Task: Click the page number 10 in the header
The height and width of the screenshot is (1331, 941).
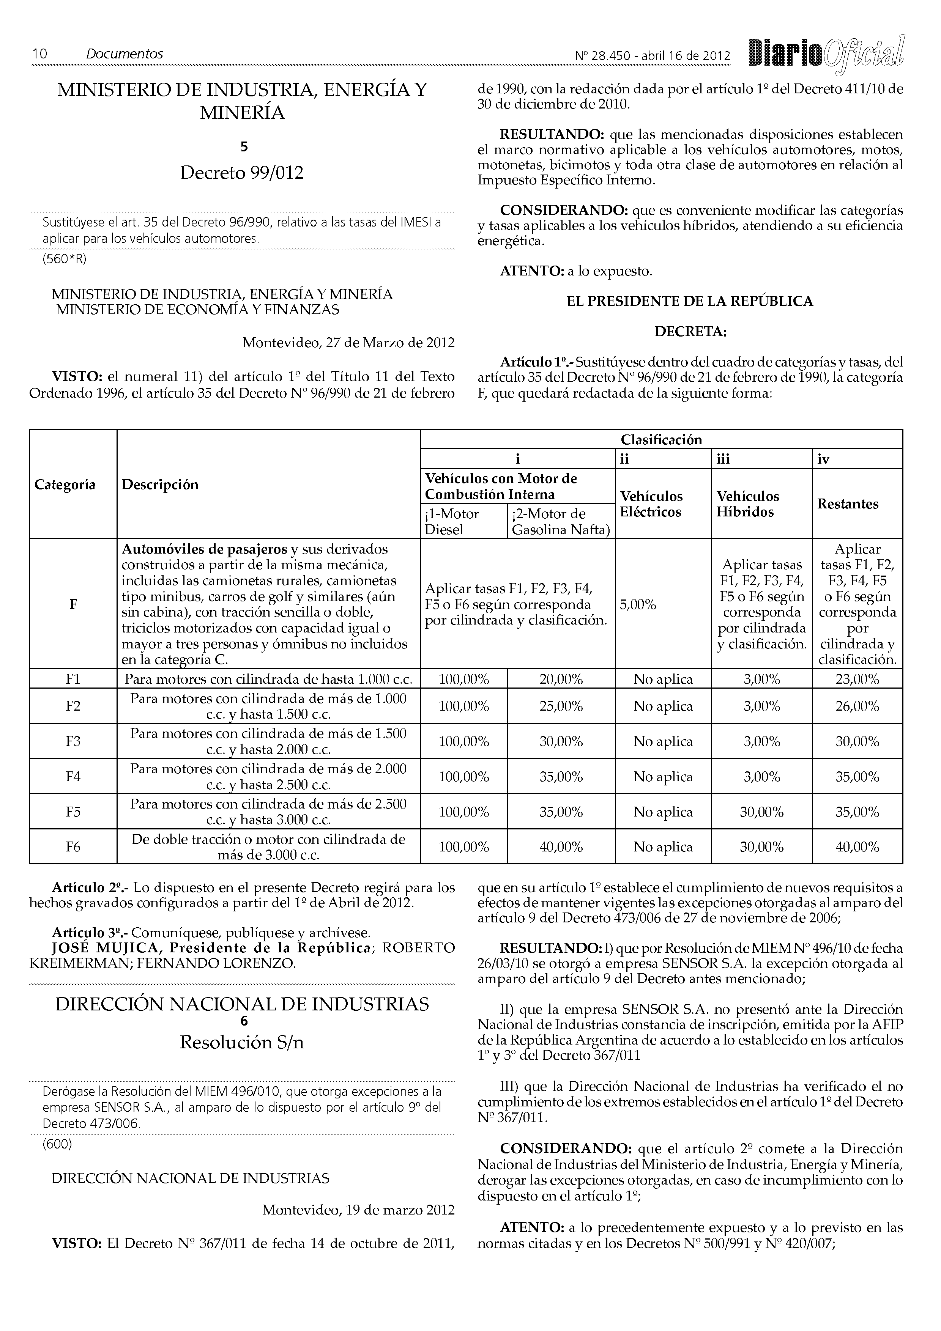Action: click(x=39, y=54)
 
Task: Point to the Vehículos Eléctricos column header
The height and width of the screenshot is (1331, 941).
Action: click(x=651, y=504)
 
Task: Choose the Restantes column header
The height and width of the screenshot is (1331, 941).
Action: click(x=847, y=504)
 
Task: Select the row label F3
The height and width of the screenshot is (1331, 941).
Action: click(x=73, y=741)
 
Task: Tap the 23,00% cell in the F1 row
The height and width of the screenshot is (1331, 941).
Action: click(x=857, y=680)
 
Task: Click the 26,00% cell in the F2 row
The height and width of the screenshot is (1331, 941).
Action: click(x=857, y=706)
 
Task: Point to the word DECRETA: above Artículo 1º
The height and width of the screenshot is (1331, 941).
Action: click(x=690, y=332)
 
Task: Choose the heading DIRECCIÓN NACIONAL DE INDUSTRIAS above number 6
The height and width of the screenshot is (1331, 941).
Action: click(x=242, y=1004)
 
